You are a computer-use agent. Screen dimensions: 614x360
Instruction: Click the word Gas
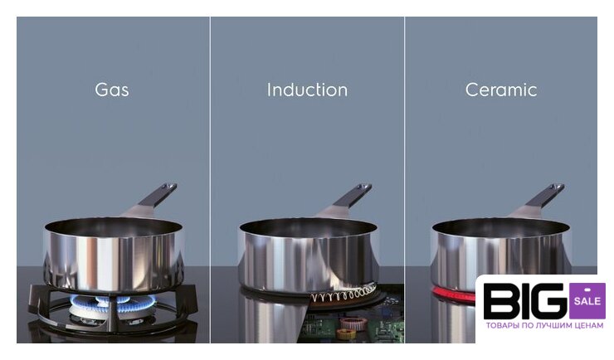coord(112,90)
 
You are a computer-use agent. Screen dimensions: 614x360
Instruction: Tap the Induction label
coord(307,90)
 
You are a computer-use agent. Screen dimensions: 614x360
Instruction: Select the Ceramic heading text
coord(501,90)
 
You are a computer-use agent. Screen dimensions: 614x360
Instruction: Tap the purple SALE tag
coord(587,300)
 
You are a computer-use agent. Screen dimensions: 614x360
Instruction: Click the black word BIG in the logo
coord(525,301)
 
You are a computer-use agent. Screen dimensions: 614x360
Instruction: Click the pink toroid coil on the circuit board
coord(353,323)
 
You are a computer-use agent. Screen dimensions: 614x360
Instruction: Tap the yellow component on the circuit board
coord(347,333)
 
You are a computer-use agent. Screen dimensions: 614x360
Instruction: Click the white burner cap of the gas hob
coord(88,312)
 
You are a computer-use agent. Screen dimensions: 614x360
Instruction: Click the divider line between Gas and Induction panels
coord(210,180)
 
